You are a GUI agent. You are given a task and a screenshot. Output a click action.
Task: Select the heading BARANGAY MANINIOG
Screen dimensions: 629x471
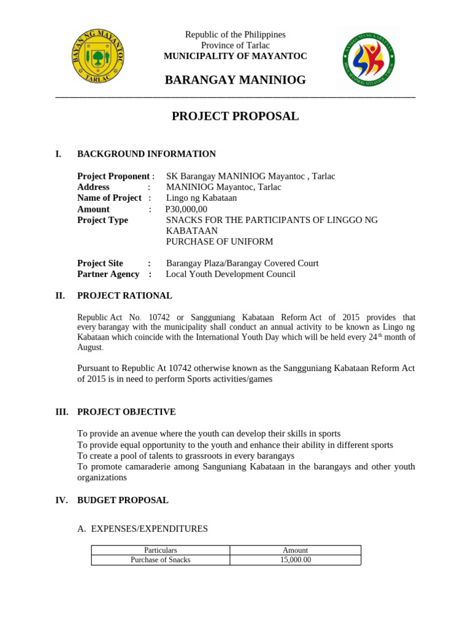[235, 80]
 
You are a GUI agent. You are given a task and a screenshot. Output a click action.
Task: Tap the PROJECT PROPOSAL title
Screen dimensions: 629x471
[235, 116]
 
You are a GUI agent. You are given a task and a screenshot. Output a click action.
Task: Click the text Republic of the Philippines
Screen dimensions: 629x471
[235, 34]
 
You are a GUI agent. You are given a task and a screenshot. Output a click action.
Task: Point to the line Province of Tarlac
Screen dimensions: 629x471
[235, 45]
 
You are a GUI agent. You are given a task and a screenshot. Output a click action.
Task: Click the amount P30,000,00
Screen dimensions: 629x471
[186, 209]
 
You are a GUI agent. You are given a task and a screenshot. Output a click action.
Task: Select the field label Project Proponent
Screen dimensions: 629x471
[113, 176]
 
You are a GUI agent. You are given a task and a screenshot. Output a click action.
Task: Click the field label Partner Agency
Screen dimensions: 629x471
[108, 274]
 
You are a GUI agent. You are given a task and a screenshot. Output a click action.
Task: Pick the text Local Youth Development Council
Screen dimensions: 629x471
[231, 274]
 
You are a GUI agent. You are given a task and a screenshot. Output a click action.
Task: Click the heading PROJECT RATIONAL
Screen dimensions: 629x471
[124, 295]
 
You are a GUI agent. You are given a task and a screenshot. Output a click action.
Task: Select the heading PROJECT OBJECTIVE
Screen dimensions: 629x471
[126, 412]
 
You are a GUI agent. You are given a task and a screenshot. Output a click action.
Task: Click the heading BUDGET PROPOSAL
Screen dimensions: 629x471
[123, 500]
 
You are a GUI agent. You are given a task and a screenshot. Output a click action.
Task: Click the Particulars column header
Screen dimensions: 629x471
[160, 550]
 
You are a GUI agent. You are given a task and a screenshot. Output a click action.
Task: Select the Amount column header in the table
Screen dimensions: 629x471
[295, 550]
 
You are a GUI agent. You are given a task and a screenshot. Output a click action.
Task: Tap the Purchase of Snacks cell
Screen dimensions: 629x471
[160, 560]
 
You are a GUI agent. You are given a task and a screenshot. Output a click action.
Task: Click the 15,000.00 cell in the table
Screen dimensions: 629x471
[295, 560]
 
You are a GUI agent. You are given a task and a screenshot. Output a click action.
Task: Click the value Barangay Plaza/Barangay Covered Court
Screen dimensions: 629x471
[242, 263]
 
